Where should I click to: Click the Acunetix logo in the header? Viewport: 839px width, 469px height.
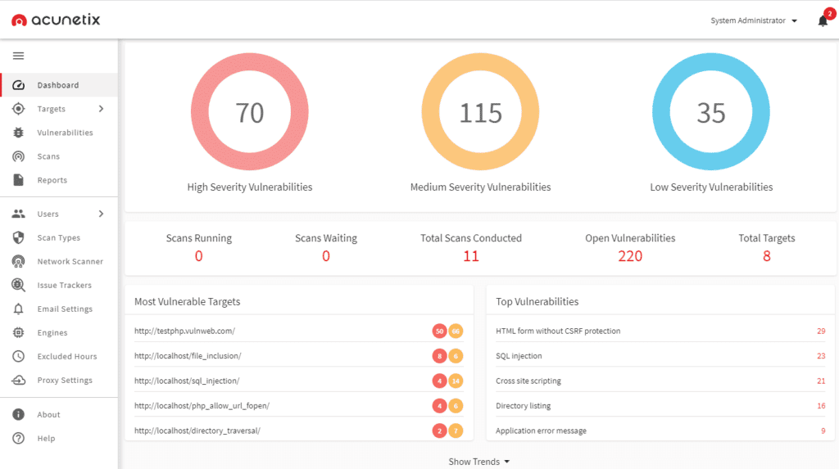click(56, 20)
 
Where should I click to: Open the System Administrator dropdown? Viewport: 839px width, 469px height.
click(754, 20)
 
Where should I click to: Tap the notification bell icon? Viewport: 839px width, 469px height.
click(823, 21)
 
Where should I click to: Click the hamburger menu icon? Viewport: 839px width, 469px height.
click(18, 56)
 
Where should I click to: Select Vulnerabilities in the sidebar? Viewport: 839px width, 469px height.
click(65, 133)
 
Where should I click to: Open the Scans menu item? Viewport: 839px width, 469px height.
click(48, 156)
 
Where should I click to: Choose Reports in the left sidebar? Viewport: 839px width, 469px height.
click(52, 180)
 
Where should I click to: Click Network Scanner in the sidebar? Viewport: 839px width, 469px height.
click(70, 262)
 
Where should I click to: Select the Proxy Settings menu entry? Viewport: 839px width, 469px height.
click(64, 381)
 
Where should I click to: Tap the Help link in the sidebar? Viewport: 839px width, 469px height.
click(46, 439)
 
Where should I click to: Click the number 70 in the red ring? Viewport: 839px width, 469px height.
click(250, 113)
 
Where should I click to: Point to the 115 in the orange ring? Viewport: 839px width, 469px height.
click(480, 113)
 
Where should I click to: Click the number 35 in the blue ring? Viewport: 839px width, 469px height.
click(711, 113)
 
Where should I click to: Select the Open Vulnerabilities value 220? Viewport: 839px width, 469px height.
click(630, 256)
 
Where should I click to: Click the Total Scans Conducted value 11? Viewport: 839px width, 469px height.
click(470, 256)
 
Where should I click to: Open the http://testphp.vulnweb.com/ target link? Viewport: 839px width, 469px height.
click(184, 331)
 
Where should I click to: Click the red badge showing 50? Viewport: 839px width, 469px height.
click(440, 331)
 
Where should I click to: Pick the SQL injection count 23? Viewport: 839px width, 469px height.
click(821, 356)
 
